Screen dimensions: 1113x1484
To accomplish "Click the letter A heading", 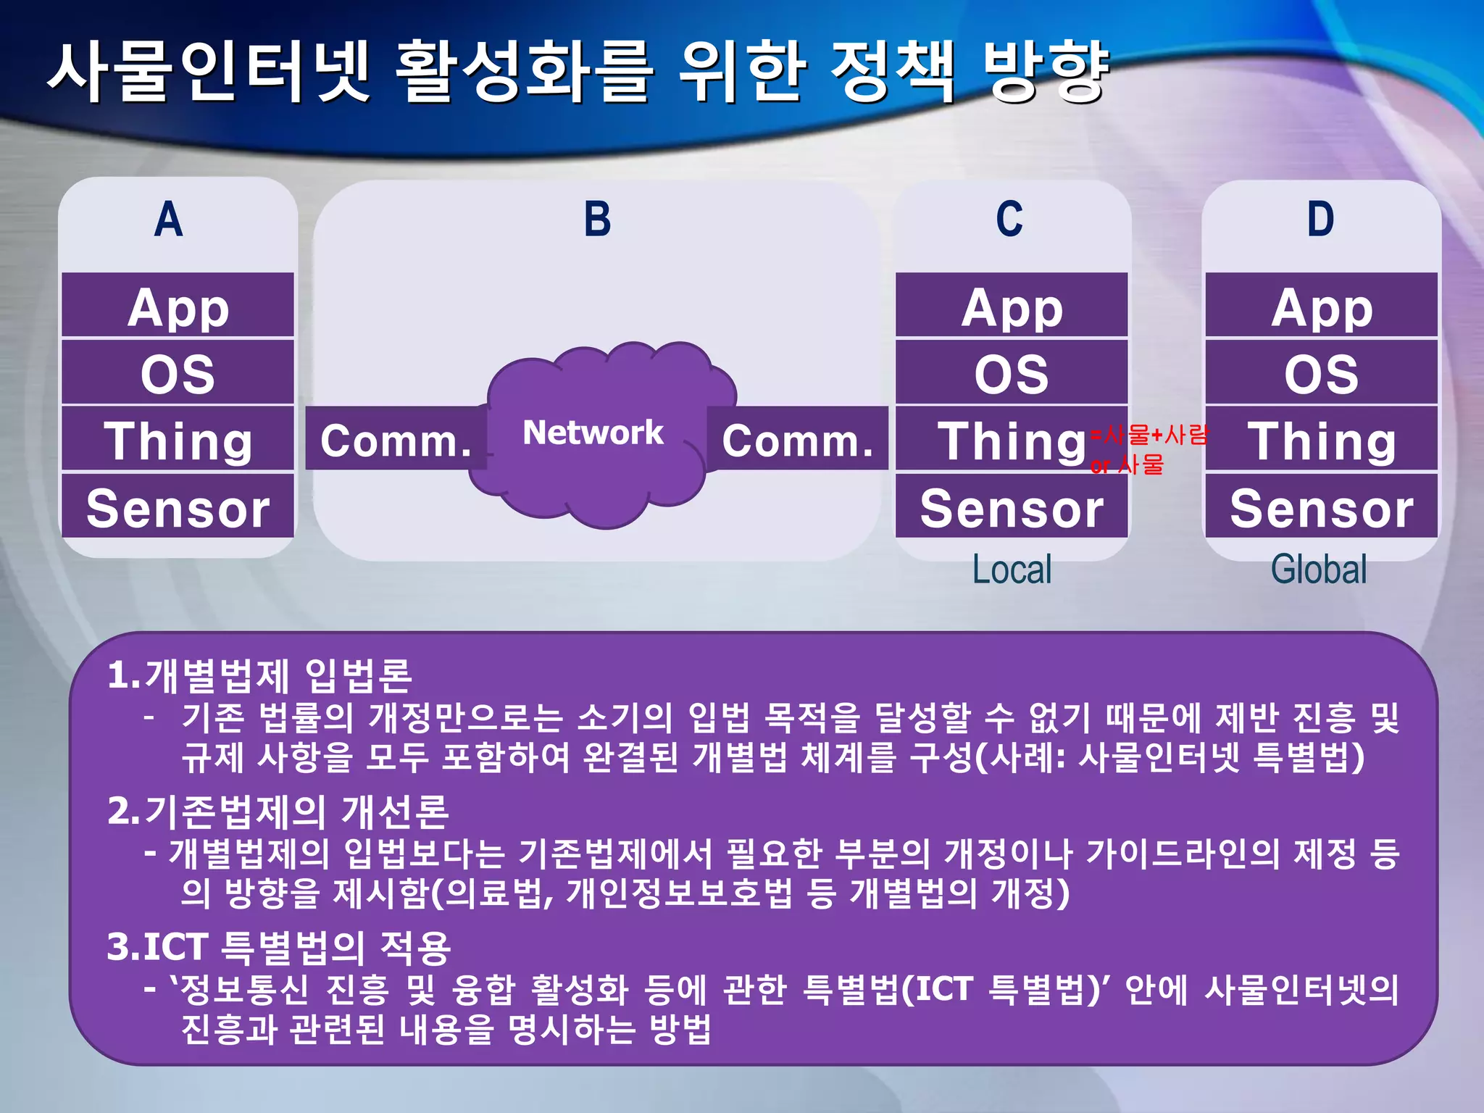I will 168,220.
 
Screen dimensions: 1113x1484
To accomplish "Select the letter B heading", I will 597,220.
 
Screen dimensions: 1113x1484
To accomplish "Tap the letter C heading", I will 1009,220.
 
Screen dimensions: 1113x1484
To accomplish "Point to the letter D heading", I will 1320,220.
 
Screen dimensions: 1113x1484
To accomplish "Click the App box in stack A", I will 178,307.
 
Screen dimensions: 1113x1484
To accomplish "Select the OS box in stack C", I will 1012,374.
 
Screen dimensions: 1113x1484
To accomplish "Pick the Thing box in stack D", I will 1322,441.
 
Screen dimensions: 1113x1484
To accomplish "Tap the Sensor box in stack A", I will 178,507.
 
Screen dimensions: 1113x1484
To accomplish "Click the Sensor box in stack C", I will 1012,507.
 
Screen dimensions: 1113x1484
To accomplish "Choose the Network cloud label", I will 593,433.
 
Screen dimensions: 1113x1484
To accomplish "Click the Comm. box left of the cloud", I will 396,440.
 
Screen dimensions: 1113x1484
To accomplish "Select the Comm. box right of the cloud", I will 797,440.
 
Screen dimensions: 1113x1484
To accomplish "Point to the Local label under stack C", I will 1012,570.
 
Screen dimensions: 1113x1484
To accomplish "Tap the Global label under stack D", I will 1319,570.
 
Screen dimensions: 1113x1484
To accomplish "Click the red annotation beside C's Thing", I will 1148,449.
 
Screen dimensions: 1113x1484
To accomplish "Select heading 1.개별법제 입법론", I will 259,675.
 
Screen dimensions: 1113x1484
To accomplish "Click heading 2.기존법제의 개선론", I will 278,811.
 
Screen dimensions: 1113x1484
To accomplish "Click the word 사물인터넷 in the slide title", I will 210,72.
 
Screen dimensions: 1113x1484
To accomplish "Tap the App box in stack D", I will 1322,307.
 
